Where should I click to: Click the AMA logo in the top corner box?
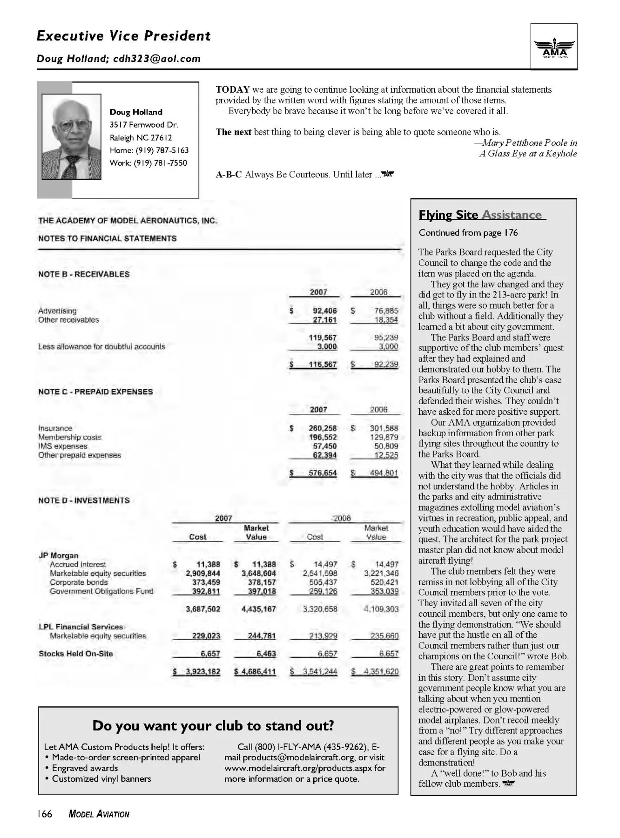[554, 48]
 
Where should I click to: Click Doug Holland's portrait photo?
[71, 137]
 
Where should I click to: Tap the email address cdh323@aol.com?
[157, 59]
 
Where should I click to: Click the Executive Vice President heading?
[123, 36]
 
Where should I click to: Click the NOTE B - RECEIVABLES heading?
[84, 274]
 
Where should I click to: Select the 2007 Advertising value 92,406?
[324, 311]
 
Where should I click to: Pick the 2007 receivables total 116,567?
[322, 365]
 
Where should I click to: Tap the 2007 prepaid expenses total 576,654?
[322, 473]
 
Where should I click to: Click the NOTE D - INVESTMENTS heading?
[84, 500]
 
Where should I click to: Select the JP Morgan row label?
[58, 555]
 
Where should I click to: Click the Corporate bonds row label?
[79, 582]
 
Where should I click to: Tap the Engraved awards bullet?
[85, 768]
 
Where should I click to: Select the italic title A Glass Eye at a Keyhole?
[528, 153]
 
